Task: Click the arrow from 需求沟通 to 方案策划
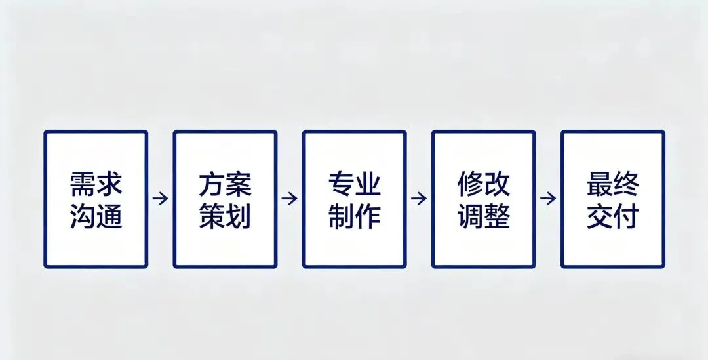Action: click(x=161, y=198)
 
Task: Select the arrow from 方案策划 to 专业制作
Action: click(x=290, y=198)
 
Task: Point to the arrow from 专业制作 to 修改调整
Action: click(x=419, y=198)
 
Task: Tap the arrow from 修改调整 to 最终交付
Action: click(x=548, y=198)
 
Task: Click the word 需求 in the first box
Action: click(x=96, y=185)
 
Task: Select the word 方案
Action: click(x=225, y=185)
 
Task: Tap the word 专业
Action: click(x=354, y=185)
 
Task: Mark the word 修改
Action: click(x=483, y=185)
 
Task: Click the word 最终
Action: click(x=612, y=185)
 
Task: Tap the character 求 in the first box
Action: click(x=109, y=185)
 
